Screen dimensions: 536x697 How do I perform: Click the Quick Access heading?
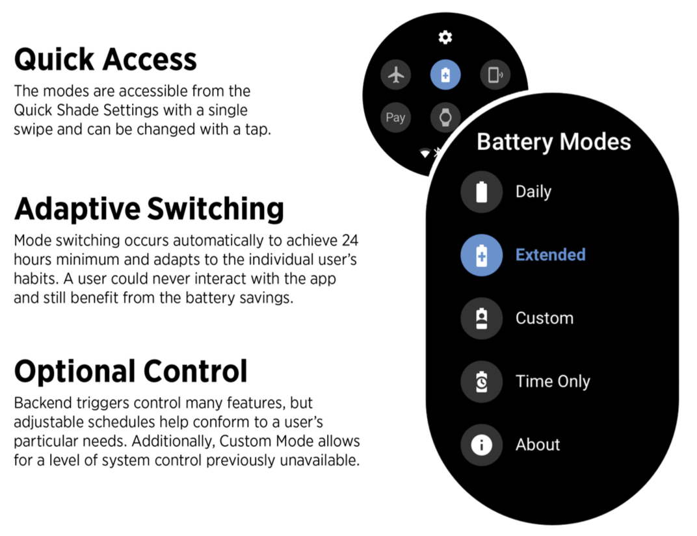105,60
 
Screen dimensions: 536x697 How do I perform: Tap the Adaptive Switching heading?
149,209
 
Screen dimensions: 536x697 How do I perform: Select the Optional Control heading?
131,372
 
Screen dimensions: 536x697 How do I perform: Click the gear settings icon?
445,38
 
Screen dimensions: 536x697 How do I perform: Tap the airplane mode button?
395,75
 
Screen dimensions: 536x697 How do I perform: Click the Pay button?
395,118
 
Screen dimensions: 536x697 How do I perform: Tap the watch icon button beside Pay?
445,118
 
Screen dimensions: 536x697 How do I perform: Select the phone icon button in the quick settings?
495,75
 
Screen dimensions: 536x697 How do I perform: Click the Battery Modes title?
553,142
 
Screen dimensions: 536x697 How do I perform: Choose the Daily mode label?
533,192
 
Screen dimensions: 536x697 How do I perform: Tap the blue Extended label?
550,255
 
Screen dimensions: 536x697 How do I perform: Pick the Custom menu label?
544,318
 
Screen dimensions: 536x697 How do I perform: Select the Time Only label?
553,381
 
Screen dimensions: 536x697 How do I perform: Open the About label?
538,445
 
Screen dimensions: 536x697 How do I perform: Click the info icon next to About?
481,445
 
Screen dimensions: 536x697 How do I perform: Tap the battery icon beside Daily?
481,192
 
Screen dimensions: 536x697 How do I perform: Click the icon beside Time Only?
481,381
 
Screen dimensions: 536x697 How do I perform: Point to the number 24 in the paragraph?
350,241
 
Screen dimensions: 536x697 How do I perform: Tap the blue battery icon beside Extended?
481,255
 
